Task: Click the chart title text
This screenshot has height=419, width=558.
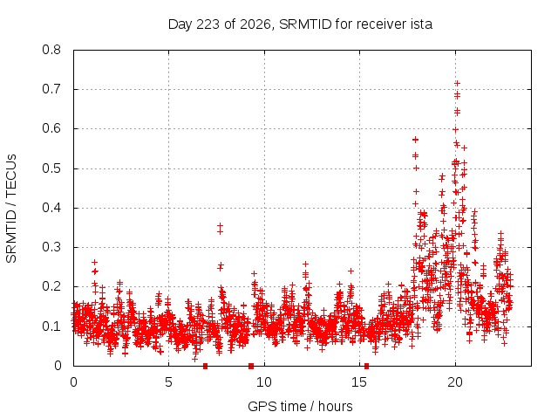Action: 300,24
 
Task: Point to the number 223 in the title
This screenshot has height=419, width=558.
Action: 208,24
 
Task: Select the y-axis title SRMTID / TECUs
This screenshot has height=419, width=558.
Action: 11,209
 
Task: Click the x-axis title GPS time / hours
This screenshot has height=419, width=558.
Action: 300,406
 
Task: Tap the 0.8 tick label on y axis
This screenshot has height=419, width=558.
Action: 51,50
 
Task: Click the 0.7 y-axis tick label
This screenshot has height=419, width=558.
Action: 51,89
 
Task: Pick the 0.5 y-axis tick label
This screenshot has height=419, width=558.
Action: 51,168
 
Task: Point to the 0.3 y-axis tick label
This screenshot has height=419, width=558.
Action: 51,247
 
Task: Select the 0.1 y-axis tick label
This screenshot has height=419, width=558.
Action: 51,326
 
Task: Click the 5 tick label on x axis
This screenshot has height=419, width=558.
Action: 168,382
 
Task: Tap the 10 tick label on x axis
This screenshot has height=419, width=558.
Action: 264,382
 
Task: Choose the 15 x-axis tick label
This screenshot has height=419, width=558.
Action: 359,382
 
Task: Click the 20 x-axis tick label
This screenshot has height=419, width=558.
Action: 455,382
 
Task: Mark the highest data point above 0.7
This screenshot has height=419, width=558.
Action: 457,83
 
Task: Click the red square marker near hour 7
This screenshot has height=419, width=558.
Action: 206,366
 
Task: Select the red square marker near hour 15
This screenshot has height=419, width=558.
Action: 366,366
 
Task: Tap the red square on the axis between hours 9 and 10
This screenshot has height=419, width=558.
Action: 251,366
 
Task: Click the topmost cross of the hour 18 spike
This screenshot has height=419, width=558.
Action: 415,140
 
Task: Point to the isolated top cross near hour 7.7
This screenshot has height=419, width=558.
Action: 220,225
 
